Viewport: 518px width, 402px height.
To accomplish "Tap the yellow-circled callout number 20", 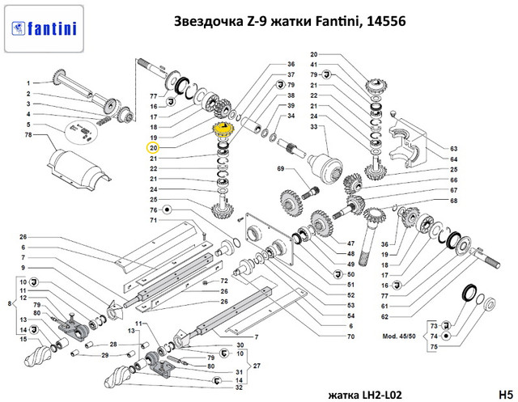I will point(154,148).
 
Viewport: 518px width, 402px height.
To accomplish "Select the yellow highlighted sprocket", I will point(220,130).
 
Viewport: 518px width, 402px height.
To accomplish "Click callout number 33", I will point(313,126).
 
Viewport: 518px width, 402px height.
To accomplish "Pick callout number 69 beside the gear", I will point(280,169).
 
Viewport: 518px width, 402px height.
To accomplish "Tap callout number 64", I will point(454,159).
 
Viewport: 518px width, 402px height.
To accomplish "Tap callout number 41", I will point(313,65).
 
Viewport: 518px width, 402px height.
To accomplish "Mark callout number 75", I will point(433,346).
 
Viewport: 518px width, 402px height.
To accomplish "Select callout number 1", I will point(27,83).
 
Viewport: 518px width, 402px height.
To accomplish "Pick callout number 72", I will point(215,281).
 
